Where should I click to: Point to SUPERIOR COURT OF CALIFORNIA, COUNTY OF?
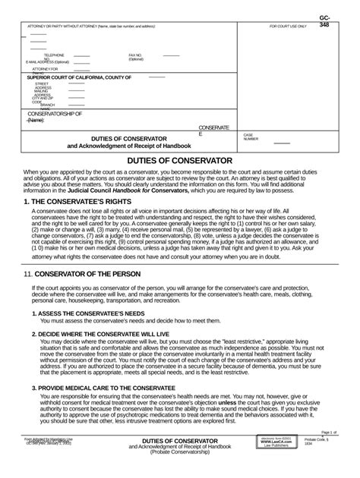point(85,77)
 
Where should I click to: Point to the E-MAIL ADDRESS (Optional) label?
point(52,61)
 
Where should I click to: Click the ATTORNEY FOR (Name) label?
point(44,70)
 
